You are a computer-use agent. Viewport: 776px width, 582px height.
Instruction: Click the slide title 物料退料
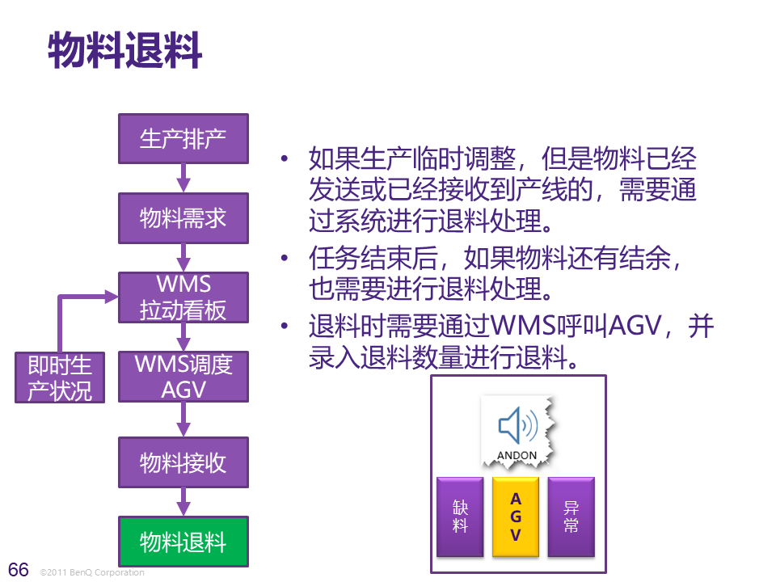point(124,51)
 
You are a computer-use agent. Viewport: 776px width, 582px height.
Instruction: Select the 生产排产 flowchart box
point(183,138)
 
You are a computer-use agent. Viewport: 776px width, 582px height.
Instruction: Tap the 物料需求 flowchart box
point(183,217)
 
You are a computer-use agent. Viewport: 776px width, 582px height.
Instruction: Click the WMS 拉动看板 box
point(183,297)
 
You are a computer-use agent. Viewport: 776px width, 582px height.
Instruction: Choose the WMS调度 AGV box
point(183,377)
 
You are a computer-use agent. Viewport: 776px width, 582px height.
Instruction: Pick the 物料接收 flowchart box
point(183,463)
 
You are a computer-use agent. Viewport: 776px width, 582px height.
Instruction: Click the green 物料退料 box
point(183,542)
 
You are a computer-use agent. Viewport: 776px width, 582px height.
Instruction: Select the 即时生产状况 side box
point(60,377)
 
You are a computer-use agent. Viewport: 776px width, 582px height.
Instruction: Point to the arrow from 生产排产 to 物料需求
point(183,177)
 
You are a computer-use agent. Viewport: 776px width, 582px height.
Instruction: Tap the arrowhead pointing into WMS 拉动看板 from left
point(111,297)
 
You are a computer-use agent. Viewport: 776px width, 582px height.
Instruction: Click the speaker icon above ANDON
point(517,425)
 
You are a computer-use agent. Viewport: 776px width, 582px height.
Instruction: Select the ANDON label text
point(517,455)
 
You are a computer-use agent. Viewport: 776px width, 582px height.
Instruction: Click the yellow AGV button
point(516,517)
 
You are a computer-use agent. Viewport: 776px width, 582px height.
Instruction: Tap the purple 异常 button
point(571,517)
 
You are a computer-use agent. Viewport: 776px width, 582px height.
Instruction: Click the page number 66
point(19,570)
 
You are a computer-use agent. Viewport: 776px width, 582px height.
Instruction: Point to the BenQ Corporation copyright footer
point(92,572)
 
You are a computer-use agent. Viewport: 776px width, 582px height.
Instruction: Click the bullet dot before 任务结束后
point(285,259)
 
